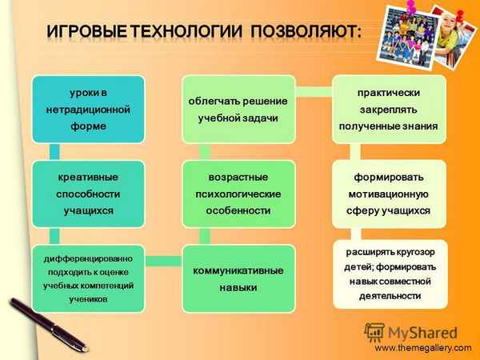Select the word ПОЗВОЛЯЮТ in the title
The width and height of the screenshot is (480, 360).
pyautogui.click(x=305, y=31)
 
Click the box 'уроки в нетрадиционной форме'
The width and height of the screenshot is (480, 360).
pyautogui.click(x=89, y=109)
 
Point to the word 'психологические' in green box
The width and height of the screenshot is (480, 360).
pyautogui.click(x=238, y=194)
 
